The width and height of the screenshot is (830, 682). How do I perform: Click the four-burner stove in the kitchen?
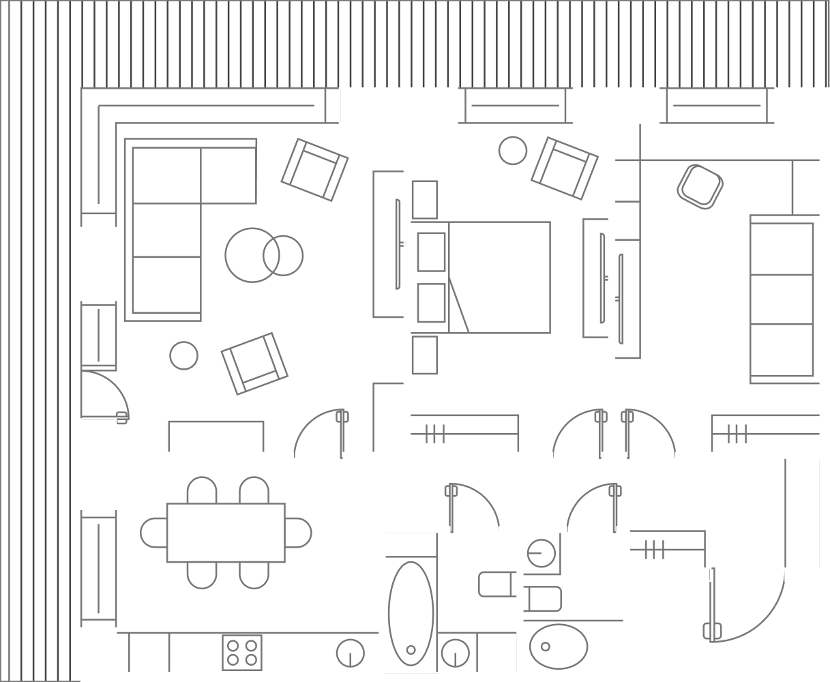pyautogui.click(x=241, y=653)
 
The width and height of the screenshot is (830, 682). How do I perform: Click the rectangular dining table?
pyautogui.click(x=226, y=533)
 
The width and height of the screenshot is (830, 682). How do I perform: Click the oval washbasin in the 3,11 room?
pyautogui.click(x=559, y=645)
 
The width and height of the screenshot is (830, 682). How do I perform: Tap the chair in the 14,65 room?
pyautogui.click(x=700, y=186)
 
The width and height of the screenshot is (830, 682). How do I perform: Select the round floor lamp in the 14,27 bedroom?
pyautogui.click(x=512, y=150)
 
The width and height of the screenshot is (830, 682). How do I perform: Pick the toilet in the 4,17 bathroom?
pyautogui.click(x=497, y=584)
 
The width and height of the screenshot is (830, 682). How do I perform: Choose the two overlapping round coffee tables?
pyautogui.click(x=263, y=254)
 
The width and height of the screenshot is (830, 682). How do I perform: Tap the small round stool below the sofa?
pyautogui.click(x=183, y=355)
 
